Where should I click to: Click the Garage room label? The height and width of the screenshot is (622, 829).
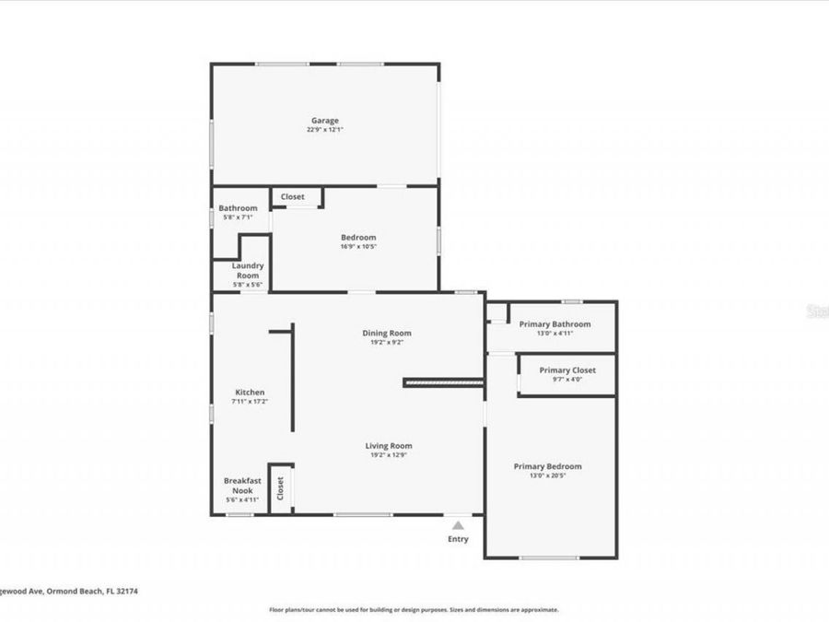coord(324,120)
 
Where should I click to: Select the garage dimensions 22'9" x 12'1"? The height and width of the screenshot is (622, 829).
coord(324,130)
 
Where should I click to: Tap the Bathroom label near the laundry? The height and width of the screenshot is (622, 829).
coord(238,208)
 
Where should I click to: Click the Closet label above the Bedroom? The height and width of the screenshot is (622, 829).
coord(292,196)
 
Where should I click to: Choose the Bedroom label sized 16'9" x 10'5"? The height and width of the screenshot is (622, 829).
coord(358,237)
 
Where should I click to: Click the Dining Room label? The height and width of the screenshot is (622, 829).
coord(386,333)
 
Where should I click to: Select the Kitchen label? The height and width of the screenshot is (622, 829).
coord(250,392)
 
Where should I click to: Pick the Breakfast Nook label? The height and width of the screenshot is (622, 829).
coord(242,485)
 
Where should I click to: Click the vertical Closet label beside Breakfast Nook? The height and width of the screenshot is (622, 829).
coord(281,488)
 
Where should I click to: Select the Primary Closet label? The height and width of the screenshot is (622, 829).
coord(567,370)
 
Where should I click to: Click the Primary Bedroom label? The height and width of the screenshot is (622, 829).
coord(547,466)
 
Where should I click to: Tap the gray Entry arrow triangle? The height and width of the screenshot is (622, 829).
coord(458,525)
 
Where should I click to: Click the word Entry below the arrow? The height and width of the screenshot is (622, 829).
coord(458,540)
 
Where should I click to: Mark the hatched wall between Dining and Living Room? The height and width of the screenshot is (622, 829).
coord(444,381)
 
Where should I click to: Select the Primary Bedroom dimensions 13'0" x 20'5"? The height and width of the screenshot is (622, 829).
coord(547,476)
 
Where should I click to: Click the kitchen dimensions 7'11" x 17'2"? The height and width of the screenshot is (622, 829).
coord(250,402)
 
